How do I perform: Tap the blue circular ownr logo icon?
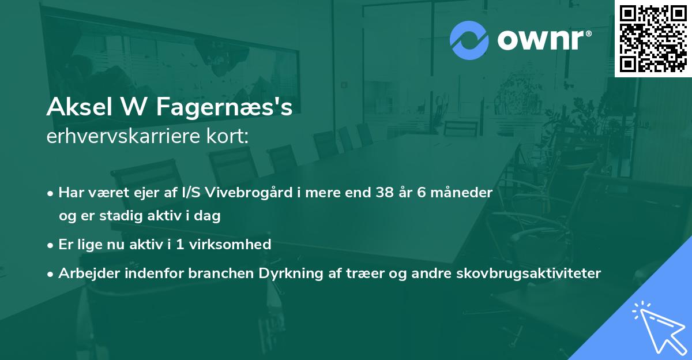point(469,40)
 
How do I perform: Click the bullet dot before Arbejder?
point(51,273)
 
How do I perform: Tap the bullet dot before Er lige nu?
point(51,245)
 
